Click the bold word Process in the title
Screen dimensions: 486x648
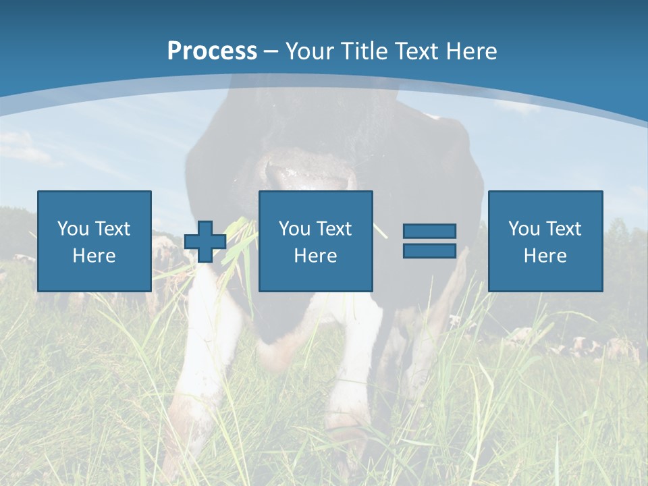(x=212, y=51)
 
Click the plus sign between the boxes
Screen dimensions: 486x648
(x=205, y=242)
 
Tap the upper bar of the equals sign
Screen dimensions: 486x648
(x=429, y=231)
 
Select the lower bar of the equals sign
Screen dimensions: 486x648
(x=429, y=250)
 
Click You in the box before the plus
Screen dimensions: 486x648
(x=72, y=229)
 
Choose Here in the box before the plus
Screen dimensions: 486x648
(x=94, y=256)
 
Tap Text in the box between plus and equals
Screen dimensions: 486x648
(x=334, y=229)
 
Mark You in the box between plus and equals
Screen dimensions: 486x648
(x=294, y=229)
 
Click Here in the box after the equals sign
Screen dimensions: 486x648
(x=545, y=256)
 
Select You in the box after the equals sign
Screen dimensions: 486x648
(x=523, y=229)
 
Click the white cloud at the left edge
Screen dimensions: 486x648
(x=20, y=148)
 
